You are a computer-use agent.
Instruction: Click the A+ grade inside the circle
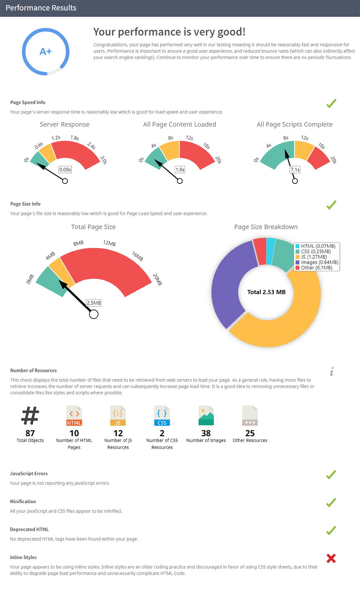tap(46, 52)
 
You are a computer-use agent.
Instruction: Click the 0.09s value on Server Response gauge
tap(65, 169)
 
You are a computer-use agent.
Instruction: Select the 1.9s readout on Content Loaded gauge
tap(180, 169)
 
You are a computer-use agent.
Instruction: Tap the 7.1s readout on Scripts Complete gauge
tap(295, 169)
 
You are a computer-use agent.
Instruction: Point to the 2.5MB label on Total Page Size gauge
tap(94, 303)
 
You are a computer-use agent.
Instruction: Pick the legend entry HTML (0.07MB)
tap(318, 246)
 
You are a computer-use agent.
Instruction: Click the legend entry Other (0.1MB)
tap(316, 268)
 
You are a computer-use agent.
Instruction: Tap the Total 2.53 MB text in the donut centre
tap(266, 292)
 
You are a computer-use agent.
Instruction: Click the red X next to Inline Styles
tap(331, 558)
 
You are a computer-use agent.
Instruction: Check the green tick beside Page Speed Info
tap(331, 103)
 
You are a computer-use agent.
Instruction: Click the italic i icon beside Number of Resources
tap(332, 372)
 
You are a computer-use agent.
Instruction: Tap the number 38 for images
tap(206, 433)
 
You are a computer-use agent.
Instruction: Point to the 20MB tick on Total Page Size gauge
tap(157, 279)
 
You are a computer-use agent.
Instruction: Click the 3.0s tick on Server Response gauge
tap(103, 160)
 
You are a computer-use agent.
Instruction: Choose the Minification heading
tap(23, 501)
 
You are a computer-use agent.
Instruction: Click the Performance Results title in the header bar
tap(41, 8)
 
